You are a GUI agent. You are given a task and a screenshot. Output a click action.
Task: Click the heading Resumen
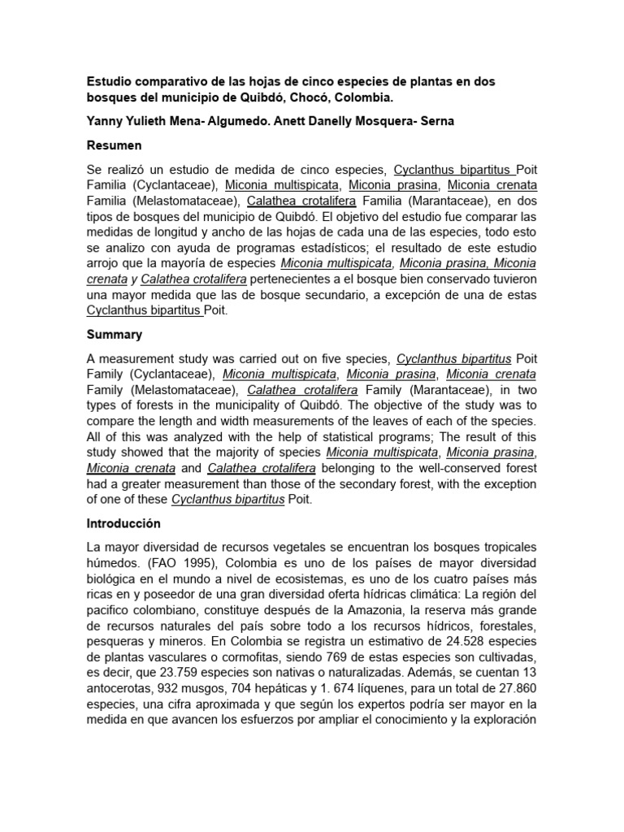click(114, 145)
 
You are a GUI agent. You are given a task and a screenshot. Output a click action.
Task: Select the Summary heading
click(114, 334)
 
